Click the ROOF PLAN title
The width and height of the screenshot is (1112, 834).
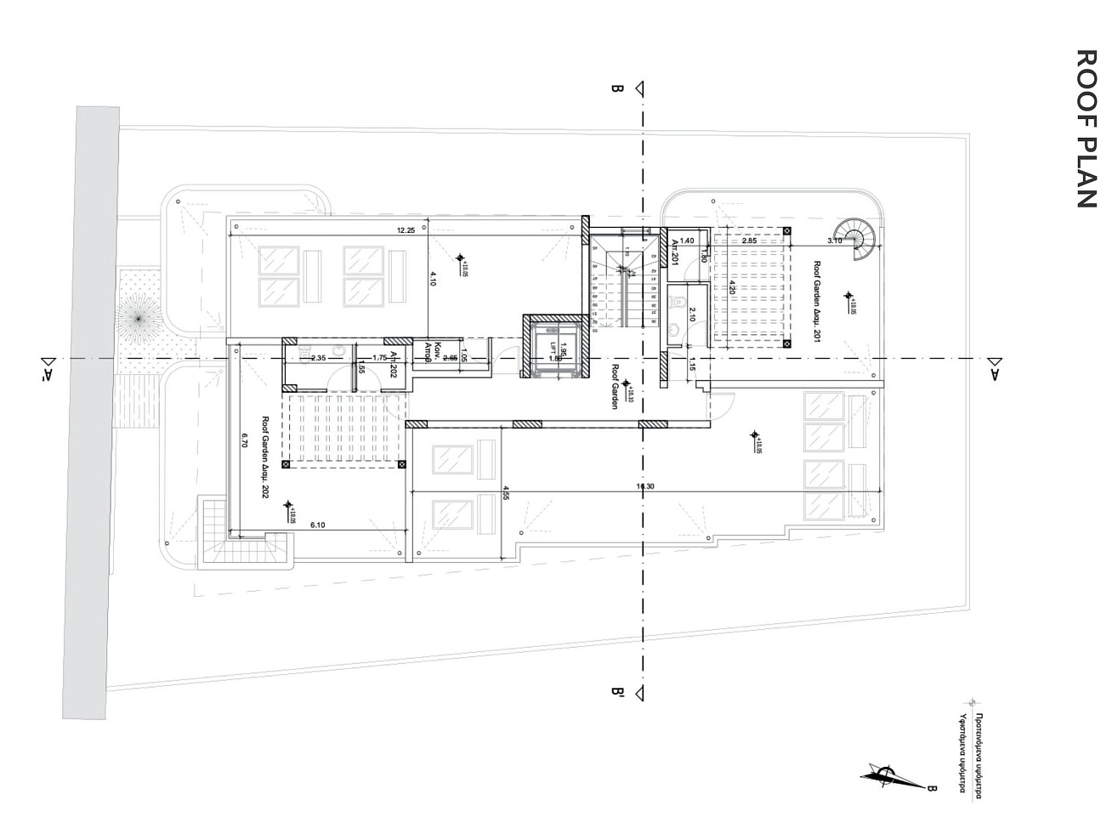pos(1086,128)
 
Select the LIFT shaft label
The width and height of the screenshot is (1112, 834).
pos(553,348)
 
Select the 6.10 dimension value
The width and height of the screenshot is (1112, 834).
pos(318,525)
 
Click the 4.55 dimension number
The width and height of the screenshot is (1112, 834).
pos(507,492)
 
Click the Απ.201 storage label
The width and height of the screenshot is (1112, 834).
pos(675,253)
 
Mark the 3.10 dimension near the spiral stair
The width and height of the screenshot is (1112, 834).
pos(834,241)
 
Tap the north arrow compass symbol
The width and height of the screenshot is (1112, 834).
pos(886,775)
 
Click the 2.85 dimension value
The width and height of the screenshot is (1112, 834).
pos(749,241)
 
